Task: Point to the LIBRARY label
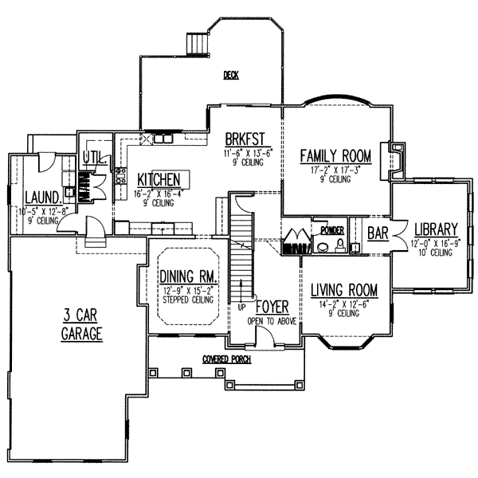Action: (x=434, y=226)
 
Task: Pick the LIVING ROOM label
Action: (x=343, y=289)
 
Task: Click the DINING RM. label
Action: (x=183, y=276)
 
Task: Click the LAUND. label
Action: (x=38, y=197)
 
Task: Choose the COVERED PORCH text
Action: (x=226, y=360)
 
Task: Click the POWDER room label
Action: (x=330, y=229)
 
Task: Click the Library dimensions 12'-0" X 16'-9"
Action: (x=433, y=241)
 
